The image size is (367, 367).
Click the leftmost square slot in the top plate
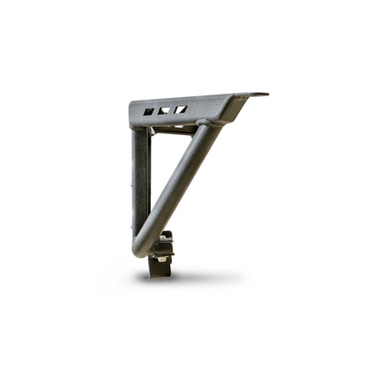tap(148, 112)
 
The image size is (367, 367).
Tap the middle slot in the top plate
tap(164, 111)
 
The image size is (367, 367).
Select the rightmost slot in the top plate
tap(180, 109)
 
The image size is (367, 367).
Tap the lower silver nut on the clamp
tap(159, 257)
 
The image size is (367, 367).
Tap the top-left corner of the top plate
tap(132, 106)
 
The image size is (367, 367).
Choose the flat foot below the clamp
tap(159, 269)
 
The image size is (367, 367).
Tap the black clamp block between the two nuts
tap(164, 247)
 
